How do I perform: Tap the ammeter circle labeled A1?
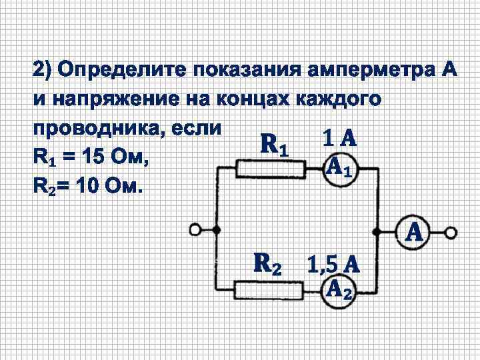pos(338,169)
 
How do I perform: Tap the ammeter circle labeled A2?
pos(338,289)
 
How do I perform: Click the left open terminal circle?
pos(195,230)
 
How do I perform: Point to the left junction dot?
pos(217,230)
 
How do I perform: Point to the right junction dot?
pos(377,232)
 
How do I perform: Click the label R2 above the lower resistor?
pos(269,264)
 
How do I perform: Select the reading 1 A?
pos(339,139)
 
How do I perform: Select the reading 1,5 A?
pos(333,265)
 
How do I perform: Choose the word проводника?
pos(93,128)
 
